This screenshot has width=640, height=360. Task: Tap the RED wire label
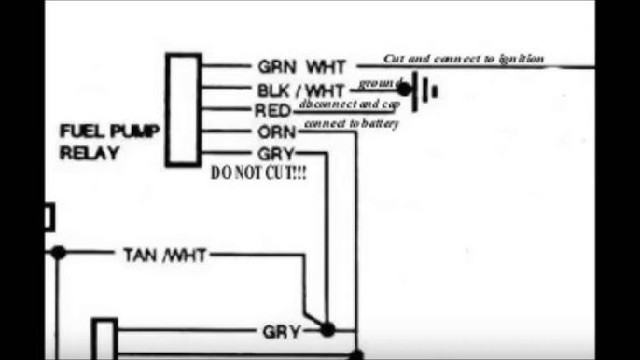[x=271, y=111]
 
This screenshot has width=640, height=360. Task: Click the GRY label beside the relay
[x=273, y=153]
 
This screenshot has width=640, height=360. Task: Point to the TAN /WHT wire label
[x=164, y=254]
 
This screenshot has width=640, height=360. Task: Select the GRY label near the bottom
[x=280, y=330]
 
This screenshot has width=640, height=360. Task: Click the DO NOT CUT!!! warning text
[x=258, y=174]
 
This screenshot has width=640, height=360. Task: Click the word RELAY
[x=90, y=153]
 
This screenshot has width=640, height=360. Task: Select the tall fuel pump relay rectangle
[x=184, y=110]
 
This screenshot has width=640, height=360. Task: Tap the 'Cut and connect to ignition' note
[x=464, y=58]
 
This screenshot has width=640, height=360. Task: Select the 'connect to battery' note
[x=352, y=123]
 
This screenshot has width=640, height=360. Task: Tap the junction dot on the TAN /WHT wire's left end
[x=59, y=253]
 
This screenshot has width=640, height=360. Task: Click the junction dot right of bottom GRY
[x=327, y=329]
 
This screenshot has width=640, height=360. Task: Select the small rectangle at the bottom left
[x=105, y=339]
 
